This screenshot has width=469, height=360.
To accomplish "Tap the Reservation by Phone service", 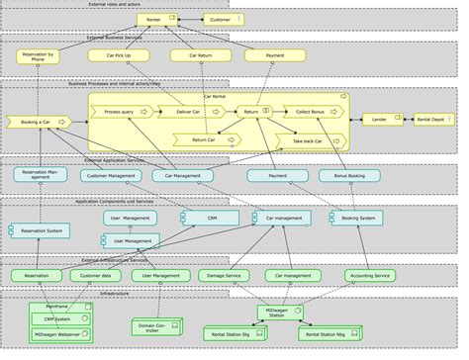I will [x=38, y=56].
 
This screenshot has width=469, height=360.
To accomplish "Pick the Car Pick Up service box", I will [x=117, y=56].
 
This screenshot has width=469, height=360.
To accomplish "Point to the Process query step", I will [x=122, y=113].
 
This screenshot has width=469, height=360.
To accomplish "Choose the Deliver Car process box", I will [x=191, y=113].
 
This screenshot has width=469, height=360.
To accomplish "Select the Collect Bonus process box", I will [x=312, y=113].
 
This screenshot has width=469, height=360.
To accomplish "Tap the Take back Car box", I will [x=312, y=141].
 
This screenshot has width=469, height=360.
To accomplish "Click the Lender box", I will [x=380, y=120].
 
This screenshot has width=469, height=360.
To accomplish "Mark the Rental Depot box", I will [x=435, y=120].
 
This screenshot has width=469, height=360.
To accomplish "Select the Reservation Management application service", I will [x=40, y=175].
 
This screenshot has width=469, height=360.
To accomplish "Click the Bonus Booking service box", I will [x=349, y=176].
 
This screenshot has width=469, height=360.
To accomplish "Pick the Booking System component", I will [x=355, y=218].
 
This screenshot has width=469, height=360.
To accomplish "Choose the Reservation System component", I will [x=40, y=231].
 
